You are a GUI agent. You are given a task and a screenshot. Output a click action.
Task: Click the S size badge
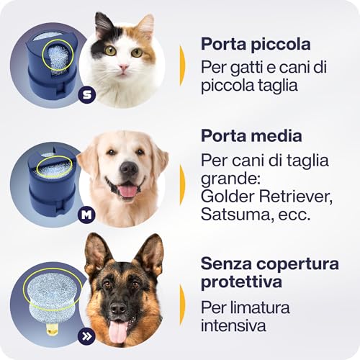pyautogui.click(x=87, y=95)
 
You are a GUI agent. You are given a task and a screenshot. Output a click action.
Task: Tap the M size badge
pyautogui.click(x=86, y=215)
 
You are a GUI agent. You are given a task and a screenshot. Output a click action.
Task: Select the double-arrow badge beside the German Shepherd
pyautogui.click(x=86, y=336)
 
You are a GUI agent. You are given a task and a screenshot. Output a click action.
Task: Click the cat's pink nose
pyautogui.click(x=124, y=67)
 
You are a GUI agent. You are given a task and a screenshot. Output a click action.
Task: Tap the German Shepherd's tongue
pyautogui.click(x=118, y=331)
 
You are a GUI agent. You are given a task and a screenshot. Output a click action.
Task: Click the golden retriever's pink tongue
pyautogui.click(x=127, y=191)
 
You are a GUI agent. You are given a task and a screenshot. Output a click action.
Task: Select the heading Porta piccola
pyautogui.click(x=256, y=44)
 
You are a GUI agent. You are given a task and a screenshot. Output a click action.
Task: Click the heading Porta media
pyautogui.click(x=251, y=135)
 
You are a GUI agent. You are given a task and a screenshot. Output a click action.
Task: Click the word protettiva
pyautogui.click(x=241, y=282)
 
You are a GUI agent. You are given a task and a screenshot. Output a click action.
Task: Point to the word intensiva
pyautogui.click(x=233, y=325)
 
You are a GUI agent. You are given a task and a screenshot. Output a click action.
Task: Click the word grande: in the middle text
pyautogui.click(x=230, y=179)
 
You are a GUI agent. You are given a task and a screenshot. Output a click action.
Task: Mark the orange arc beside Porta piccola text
pyautogui.click(x=183, y=66)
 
